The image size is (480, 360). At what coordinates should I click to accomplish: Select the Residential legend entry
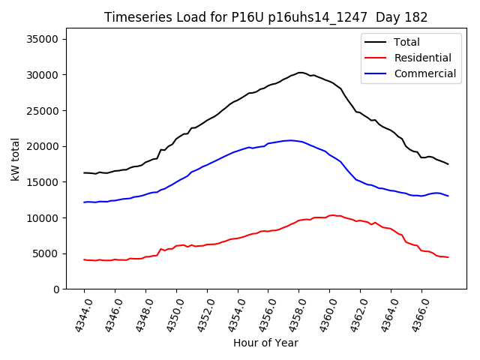pos(422,58)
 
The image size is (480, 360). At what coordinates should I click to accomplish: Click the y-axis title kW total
pos(16,159)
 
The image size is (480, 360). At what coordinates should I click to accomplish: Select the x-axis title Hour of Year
pos(265,343)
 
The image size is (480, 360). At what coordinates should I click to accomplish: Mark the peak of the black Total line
pos(300,73)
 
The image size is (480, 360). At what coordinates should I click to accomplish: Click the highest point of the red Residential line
pos(331,214)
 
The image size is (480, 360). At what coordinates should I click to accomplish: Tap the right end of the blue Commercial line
pos(448,196)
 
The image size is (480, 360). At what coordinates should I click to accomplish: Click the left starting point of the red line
pos(84,259)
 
